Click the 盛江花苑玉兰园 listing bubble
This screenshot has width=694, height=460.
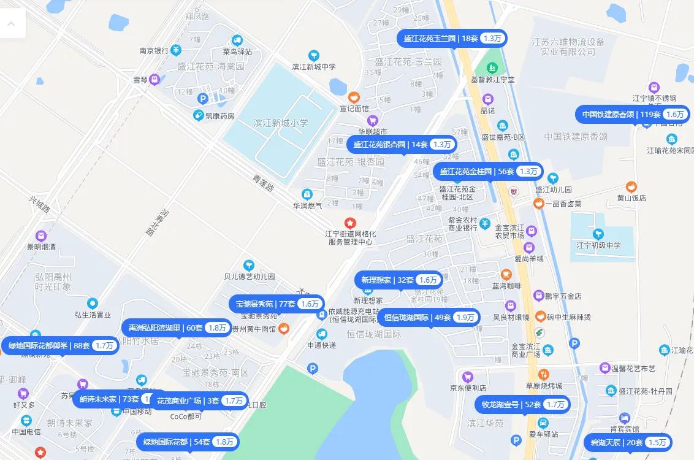[x=452, y=38]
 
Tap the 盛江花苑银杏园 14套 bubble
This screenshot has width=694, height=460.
[x=402, y=145]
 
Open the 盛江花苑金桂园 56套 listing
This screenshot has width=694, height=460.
[x=487, y=171]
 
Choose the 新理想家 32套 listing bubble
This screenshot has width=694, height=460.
[x=399, y=280]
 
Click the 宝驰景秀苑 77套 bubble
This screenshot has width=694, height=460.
[x=276, y=304]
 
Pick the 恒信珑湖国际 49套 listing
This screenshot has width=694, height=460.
[x=429, y=317]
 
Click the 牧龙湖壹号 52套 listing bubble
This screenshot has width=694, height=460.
[x=522, y=404]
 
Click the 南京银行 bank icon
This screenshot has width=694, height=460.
[x=176, y=50]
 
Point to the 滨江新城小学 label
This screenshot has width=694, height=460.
[x=281, y=123]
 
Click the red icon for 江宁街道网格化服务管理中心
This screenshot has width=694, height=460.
[x=350, y=222]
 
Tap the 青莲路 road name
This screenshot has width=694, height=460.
[x=263, y=183]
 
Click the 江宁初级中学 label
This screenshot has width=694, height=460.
[x=598, y=245]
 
